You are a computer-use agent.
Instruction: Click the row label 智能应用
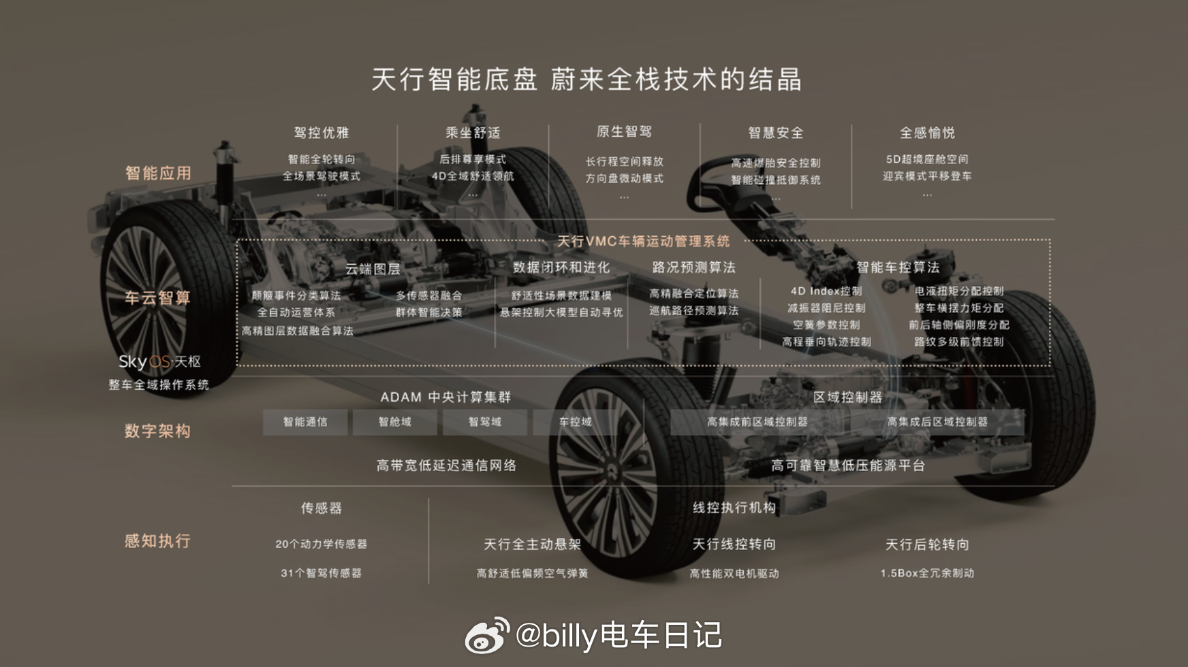[x=158, y=173]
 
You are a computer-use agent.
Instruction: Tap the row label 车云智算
[x=157, y=297]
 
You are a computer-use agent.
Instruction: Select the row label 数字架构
[x=157, y=431]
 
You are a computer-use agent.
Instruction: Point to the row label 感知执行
[x=157, y=541]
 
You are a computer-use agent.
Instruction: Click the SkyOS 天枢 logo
[x=159, y=361]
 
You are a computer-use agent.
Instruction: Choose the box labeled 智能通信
[x=305, y=422]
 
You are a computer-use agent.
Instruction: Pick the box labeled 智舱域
[x=395, y=422]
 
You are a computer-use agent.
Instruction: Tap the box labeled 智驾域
[x=485, y=422]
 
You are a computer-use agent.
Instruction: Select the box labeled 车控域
[x=575, y=422]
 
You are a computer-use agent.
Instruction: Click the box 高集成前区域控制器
[x=757, y=422]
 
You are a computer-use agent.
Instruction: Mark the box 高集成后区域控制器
[x=937, y=422]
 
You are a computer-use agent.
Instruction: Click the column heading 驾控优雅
[x=322, y=133]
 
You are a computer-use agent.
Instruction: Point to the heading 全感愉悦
[x=927, y=133]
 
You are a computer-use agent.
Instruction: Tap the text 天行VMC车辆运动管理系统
[x=643, y=241]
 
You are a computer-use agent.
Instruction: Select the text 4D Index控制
[x=826, y=291]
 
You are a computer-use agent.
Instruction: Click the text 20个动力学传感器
[x=321, y=544]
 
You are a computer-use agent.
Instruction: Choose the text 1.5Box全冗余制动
[x=927, y=573]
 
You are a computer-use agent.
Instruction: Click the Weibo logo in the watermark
[x=486, y=636]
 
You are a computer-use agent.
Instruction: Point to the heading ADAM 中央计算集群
[x=445, y=397]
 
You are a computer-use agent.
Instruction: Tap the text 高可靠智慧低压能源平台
[x=847, y=466]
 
